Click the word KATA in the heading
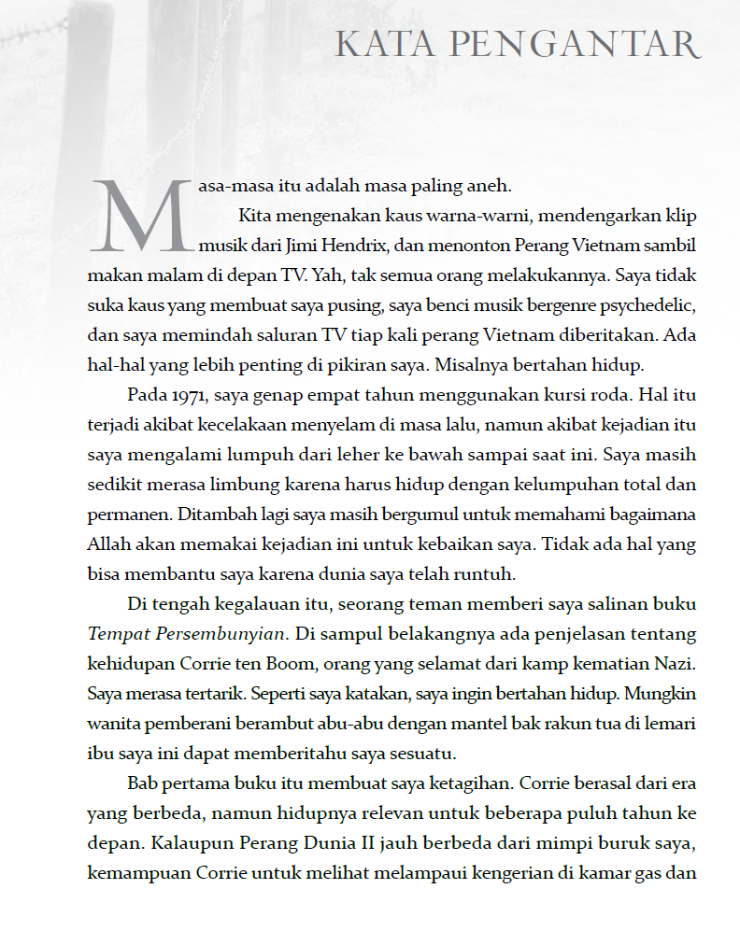(x=376, y=44)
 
